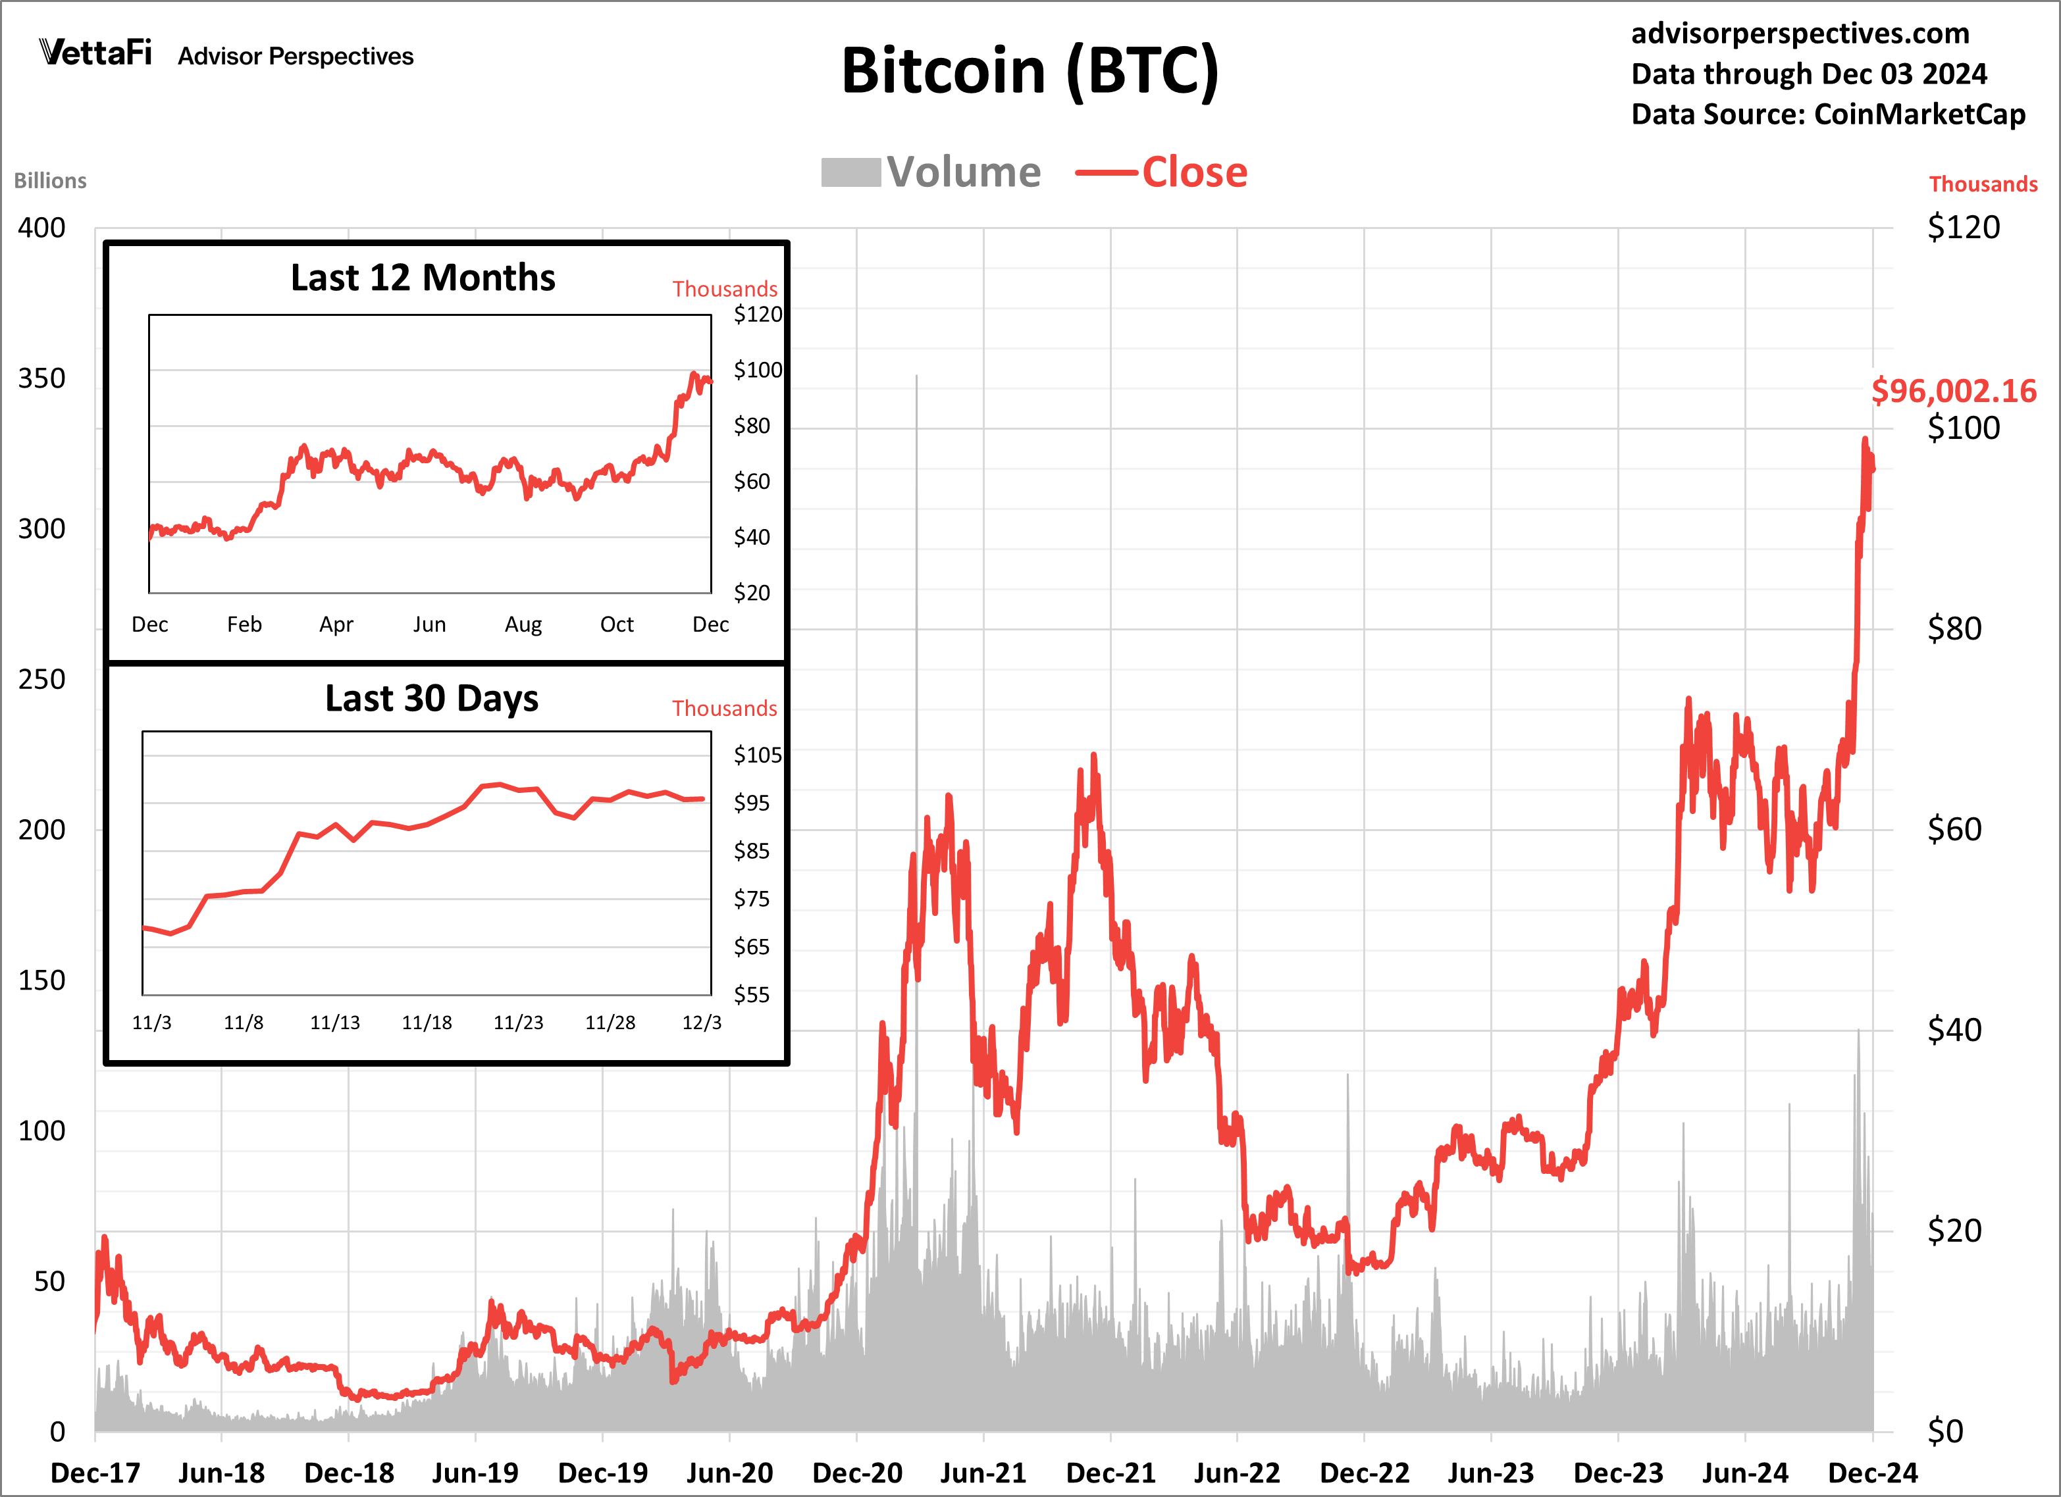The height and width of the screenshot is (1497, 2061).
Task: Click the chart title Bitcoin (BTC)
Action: [1030, 71]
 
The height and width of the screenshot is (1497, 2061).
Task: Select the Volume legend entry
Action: [931, 172]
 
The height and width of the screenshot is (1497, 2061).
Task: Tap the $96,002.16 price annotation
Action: [1953, 391]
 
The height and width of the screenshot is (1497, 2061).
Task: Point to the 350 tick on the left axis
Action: [42, 379]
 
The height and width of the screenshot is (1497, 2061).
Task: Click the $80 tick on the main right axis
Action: [1954, 628]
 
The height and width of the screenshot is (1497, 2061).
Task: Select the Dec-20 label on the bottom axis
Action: [857, 1471]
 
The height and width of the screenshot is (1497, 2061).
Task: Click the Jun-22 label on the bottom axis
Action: [1237, 1471]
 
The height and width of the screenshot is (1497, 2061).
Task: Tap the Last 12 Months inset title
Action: [423, 278]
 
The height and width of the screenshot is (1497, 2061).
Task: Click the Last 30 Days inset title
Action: [432, 699]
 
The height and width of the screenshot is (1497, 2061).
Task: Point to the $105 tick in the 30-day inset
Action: [757, 755]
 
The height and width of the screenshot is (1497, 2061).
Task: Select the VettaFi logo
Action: [95, 53]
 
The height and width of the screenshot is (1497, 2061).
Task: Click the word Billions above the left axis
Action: [50, 181]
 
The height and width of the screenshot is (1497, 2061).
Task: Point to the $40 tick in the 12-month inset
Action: [752, 537]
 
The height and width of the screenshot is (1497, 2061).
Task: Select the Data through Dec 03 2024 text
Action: [1808, 74]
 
